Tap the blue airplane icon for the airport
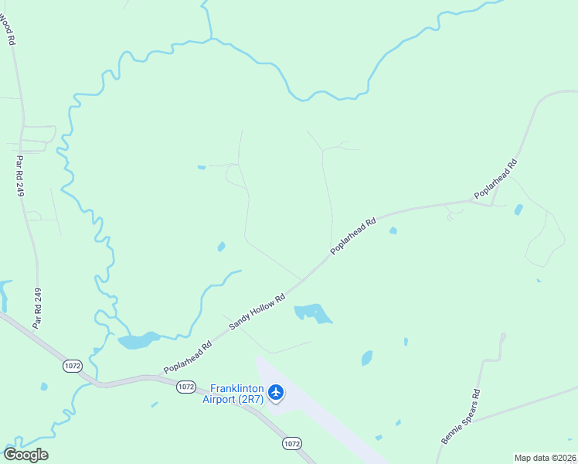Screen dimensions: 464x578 [x=276, y=394]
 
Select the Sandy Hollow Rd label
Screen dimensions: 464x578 [x=257, y=308]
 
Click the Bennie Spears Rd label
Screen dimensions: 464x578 [x=461, y=416]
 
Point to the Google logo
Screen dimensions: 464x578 [x=25, y=455]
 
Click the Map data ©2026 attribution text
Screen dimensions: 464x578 [x=545, y=458]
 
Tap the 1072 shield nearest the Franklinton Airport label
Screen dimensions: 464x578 [x=185, y=386]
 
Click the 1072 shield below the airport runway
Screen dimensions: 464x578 [x=291, y=443]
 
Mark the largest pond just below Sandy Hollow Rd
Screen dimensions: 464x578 [x=313, y=313]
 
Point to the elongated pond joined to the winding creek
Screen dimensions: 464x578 [x=138, y=340]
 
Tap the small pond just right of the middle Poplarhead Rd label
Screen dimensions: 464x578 [x=393, y=230]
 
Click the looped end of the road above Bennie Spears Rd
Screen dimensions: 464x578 [x=503, y=337]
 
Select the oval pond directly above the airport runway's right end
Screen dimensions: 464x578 [x=367, y=358]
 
